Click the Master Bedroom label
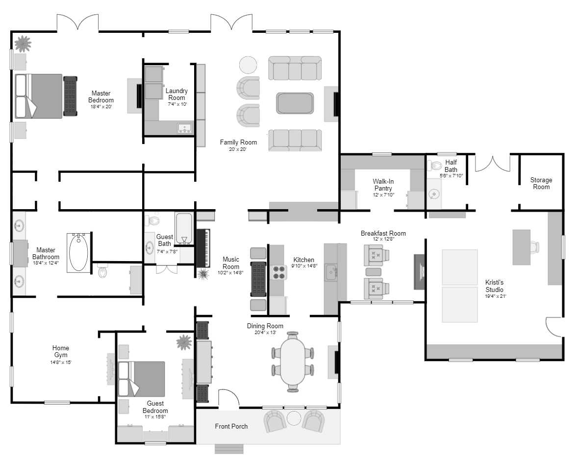(x=101, y=97)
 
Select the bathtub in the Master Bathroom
(x=78, y=252)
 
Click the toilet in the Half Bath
(x=435, y=166)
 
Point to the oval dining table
(x=293, y=362)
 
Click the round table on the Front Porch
(x=294, y=418)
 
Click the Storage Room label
(x=541, y=183)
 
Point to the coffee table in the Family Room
(x=295, y=103)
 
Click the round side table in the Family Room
(x=248, y=65)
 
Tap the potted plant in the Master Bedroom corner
(x=22, y=44)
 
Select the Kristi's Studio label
(x=494, y=286)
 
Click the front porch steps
(x=229, y=449)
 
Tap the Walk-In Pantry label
(x=383, y=185)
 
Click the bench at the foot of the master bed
(x=71, y=96)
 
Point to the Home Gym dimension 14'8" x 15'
(x=61, y=362)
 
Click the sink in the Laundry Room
(x=184, y=129)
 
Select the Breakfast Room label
(x=383, y=233)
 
